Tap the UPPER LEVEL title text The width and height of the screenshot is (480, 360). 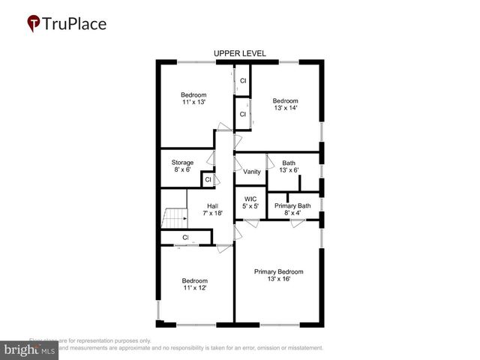click(x=240, y=54)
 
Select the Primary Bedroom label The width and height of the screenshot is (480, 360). click(x=278, y=271)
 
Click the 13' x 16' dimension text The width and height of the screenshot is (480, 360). click(x=278, y=279)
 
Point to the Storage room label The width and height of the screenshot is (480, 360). click(x=182, y=163)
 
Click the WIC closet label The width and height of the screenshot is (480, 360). click(x=250, y=199)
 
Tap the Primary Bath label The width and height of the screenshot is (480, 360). click(x=292, y=205)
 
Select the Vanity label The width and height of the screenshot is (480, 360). click(x=251, y=172)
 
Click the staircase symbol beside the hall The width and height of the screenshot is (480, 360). click(x=174, y=218)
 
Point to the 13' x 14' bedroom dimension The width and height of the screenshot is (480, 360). click(x=285, y=108)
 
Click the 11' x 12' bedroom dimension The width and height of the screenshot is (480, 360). click(x=193, y=288)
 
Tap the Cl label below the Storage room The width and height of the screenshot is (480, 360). click(x=208, y=180)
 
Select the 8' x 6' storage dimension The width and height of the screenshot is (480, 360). click(x=182, y=170)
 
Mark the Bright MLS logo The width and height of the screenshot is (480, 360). click(x=30, y=349)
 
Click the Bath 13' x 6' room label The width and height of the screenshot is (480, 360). click(x=289, y=166)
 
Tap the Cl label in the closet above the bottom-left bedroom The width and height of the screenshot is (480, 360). click(x=184, y=238)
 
